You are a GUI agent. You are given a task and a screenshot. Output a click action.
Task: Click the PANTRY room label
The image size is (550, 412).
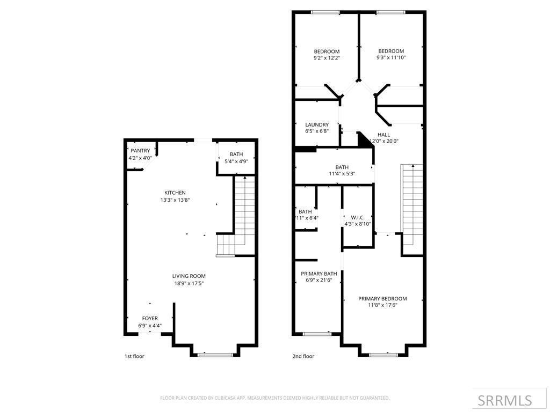point(140,151)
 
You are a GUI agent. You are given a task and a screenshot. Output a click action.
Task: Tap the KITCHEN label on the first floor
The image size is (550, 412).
point(175,193)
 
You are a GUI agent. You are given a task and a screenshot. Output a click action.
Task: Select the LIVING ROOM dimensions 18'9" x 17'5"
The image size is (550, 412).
point(189,283)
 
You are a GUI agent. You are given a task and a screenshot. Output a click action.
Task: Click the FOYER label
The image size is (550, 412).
point(150,318)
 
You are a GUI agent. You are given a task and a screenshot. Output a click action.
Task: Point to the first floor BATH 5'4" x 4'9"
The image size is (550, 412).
point(236,158)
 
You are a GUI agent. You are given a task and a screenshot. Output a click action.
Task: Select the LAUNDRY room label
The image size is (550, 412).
point(317,124)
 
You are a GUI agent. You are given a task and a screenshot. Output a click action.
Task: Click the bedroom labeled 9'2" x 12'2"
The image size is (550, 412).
point(327,54)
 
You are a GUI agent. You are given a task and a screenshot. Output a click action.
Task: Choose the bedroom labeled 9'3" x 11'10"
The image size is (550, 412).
point(390,54)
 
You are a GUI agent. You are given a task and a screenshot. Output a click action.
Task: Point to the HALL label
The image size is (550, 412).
point(383,135)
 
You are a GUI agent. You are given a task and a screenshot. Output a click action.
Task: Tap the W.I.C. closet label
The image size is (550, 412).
point(358,217)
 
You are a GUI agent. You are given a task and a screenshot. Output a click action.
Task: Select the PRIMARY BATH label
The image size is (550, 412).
point(319,274)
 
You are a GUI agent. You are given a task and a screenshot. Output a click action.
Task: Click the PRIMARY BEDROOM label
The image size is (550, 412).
point(382,298)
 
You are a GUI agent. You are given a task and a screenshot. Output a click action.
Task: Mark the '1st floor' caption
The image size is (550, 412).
point(134,356)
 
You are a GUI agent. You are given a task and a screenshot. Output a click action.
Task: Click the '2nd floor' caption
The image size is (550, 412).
point(303,356)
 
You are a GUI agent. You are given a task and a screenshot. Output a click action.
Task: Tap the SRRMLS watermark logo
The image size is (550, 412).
point(504,400)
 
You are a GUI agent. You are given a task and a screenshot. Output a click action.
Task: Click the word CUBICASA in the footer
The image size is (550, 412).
point(220,398)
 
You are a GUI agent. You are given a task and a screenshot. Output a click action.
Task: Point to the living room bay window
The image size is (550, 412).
point(215,355)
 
